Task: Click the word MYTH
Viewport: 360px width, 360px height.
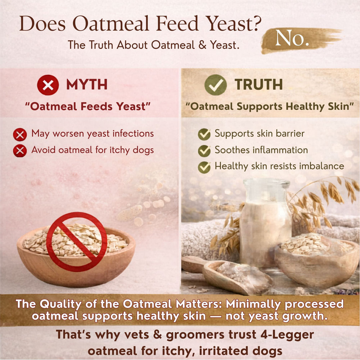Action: [x=87, y=85]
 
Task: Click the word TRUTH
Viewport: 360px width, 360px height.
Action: [x=259, y=85]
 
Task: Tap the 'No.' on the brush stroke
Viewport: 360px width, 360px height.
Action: [x=292, y=39]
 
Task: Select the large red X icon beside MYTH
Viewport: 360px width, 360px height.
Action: [x=48, y=85]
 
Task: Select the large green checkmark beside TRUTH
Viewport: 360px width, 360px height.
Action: [x=215, y=85]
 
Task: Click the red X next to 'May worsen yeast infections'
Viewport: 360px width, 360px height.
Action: [x=20, y=135]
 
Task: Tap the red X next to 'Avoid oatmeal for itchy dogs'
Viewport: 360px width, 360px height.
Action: [x=20, y=151]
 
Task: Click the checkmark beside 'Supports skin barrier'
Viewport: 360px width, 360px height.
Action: [x=204, y=134]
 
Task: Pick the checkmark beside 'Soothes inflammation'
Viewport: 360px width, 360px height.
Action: [x=204, y=151]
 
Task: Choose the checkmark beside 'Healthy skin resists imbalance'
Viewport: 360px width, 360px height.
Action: [x=204, y=167]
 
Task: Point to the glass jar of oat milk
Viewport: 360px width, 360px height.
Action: [x=266, y=223]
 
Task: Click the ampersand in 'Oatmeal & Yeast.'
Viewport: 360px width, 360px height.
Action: [x=202, y=45]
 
